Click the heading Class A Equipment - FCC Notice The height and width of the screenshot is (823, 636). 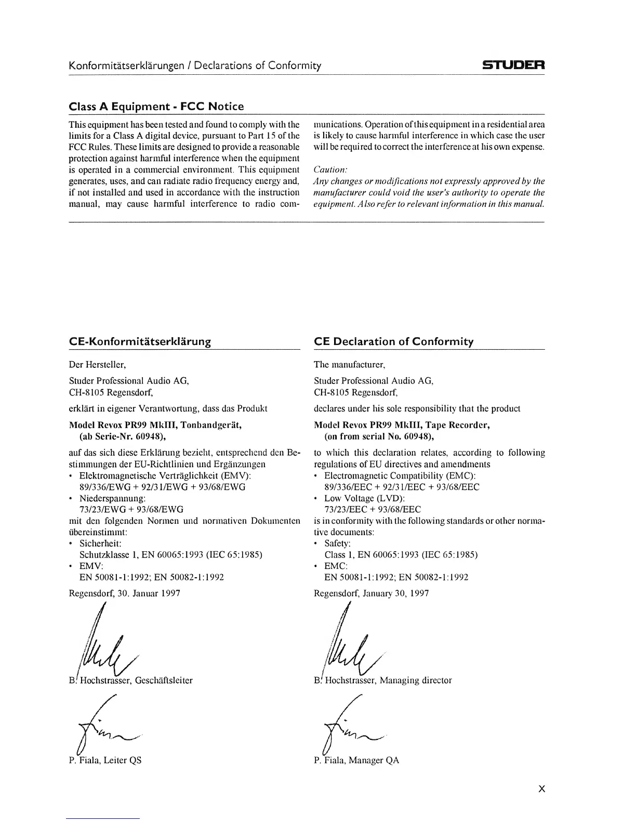(156, 107)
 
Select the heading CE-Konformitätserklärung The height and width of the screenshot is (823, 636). (140, 341)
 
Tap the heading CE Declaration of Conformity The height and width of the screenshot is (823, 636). (394, 341)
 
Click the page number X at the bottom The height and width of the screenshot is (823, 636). (541, 789)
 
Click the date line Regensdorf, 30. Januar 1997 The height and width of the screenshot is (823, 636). (125, 593)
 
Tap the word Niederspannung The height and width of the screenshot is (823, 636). (112, 498)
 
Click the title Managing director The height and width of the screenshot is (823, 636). (416, 680)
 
